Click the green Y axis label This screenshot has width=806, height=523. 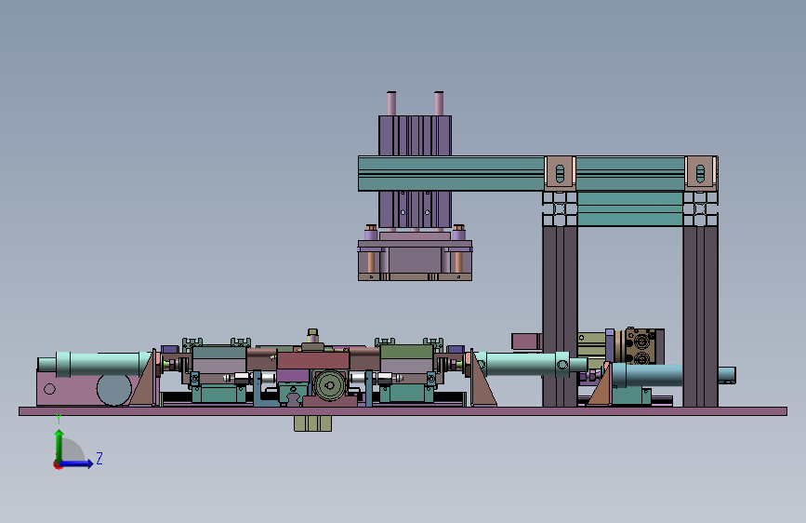(59, 419)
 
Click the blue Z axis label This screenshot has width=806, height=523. (99, 458)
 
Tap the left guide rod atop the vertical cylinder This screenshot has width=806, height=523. (391, 103)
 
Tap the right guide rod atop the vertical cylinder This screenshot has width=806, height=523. (439, 103)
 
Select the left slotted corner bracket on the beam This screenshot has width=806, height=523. (560, 173)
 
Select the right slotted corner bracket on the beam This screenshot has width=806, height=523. (700, 173)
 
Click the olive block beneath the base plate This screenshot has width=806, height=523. (312, 423)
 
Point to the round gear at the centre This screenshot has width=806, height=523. (329, 385)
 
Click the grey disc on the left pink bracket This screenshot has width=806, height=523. (114, 389)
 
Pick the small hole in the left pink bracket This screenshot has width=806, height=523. (49, 389)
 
